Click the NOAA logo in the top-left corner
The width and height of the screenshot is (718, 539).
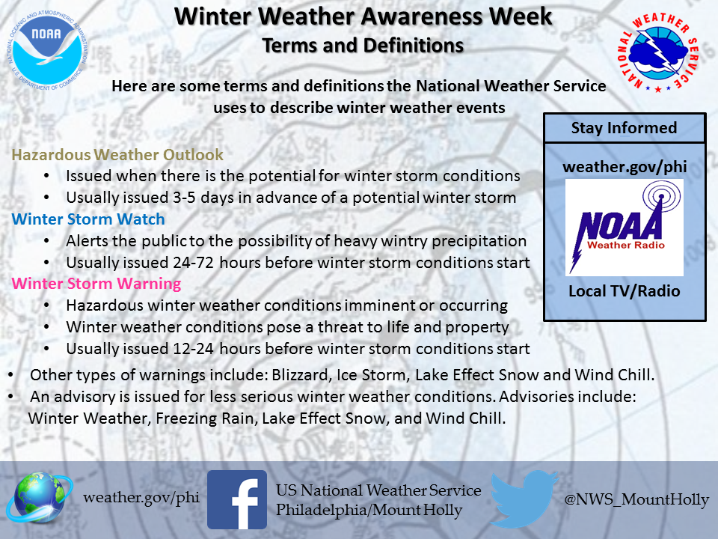click(46, 50)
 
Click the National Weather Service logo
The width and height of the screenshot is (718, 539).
click(658, 52)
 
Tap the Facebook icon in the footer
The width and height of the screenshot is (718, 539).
click(237, 499)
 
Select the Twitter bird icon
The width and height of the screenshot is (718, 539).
click(524, 499)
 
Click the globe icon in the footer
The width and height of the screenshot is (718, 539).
click(39, 498)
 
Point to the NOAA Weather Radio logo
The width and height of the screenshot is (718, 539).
click(624, 228)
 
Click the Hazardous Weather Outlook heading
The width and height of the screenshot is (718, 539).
click(117, 155)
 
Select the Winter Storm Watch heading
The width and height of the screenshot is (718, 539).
click(88, 219)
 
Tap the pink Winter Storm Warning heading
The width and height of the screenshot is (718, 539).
click(96, 284)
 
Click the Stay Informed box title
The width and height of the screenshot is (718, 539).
click(624, 128)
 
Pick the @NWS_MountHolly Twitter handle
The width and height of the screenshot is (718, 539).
click(636, 499)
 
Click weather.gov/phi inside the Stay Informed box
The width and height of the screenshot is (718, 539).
click(625, 167)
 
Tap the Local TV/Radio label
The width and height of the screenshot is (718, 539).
click(624, 291)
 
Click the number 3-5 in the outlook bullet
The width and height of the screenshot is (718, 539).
click(185, 198)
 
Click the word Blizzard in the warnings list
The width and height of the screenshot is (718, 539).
click(301, 375)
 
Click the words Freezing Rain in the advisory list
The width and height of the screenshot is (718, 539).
click(205, 418)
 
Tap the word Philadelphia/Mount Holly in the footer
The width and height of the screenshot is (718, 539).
click(369, 510)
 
